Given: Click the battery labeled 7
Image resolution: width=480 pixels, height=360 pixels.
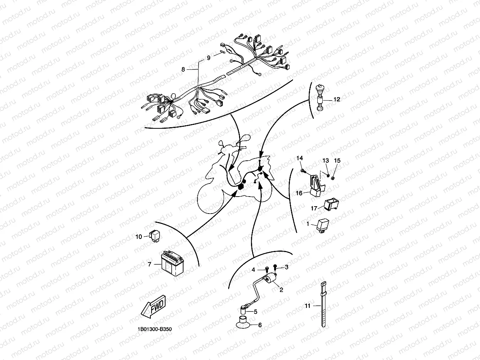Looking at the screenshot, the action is click(x=172, y=264).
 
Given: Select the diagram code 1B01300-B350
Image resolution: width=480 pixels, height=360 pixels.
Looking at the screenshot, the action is click(x=155, y=329).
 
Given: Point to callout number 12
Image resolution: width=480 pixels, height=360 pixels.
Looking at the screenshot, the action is click(x=337, y=99).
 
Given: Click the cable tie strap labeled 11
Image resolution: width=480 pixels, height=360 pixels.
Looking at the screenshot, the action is click(x=323, y=304).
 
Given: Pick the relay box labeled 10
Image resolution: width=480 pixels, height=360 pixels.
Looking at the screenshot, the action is click(x=155, y=236).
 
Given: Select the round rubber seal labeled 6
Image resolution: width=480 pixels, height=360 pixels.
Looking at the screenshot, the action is click(x=243, y=323).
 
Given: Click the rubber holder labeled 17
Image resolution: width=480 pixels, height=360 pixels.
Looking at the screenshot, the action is click(x=331, y=204).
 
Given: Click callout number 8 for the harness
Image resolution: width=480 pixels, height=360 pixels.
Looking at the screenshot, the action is click(x=183, y=69).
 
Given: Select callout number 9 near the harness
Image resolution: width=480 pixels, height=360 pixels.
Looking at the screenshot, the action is click(x=209, y=58).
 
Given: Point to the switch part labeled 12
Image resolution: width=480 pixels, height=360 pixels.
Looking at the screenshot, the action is click(x=320, y=98).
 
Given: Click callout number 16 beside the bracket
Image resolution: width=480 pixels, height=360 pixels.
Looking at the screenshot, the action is click(x=299, y=193).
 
